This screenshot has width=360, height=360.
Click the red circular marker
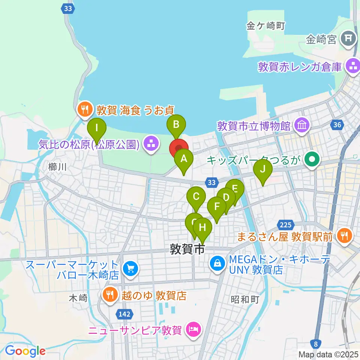pos(179,148)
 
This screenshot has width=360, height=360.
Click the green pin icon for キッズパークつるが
pos(311,160)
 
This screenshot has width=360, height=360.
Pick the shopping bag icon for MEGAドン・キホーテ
pos(217,264)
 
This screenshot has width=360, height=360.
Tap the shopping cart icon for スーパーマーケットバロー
pos(130,268)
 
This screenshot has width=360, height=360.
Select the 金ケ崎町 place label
pos(266,26)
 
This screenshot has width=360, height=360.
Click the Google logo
pos(25,351)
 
